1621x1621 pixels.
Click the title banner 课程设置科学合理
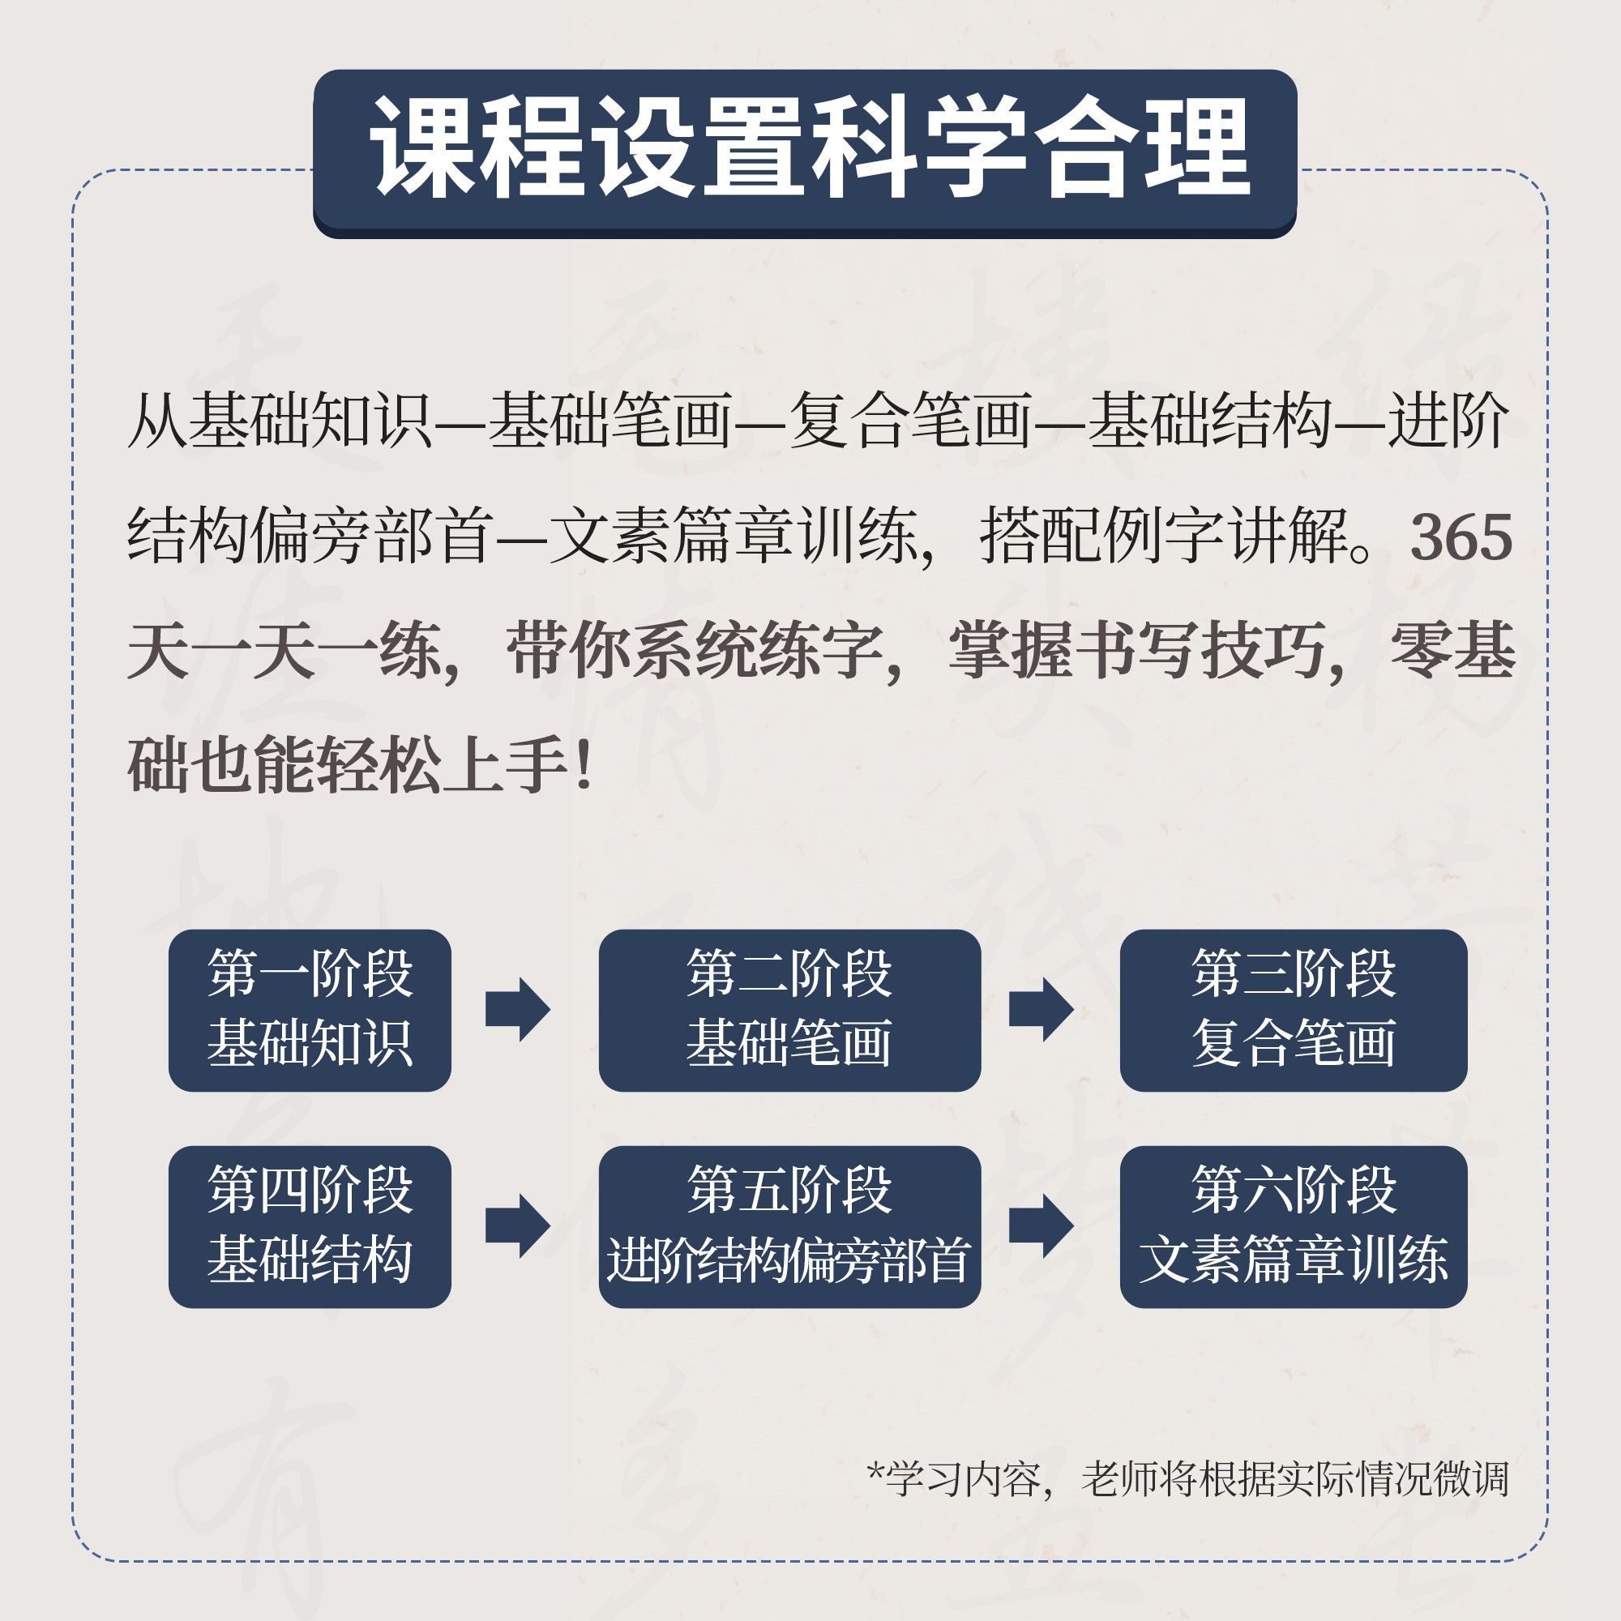(x=805, y=151)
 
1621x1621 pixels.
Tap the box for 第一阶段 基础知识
(x=310, y=1010)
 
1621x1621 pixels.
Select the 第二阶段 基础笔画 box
(x=789, y=1010)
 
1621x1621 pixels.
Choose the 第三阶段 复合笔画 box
(x=1293, y=1010)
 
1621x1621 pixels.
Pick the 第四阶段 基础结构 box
(x=310, y=1226)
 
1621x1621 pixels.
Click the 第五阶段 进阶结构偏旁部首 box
(x=789, y=1226)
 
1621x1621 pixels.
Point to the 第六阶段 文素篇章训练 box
(x=1293, y=1226)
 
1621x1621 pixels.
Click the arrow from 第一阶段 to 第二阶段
(x=519, y=1009)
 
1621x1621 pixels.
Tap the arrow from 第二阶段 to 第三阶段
(x=1041, y=1009)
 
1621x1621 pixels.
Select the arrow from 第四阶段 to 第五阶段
(x=519, y=1225)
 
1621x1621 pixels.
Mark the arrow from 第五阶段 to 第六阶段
(x=1041, y=1225)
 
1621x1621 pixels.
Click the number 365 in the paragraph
(x=1461, y=538)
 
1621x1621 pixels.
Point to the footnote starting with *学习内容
(x=1187, y=1478)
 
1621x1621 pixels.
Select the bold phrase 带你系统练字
(x=695, y=651)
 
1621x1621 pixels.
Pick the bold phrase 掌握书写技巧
(x=1137, y=651)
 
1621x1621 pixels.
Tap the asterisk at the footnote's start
(x=875, y=1472)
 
